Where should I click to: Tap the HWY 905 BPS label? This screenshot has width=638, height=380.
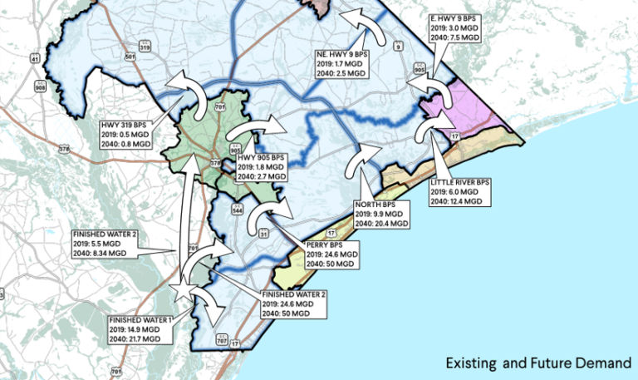point(261,157)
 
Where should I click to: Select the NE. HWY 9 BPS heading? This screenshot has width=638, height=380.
point(342,54)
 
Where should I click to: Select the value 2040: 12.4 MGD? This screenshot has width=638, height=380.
point(456,200)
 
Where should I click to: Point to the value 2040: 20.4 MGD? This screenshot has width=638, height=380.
point(382,224)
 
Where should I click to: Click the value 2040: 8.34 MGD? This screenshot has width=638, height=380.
point(100,253)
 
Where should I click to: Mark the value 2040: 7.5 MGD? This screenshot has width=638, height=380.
point(456,37)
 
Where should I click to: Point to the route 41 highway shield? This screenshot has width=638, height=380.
point(35,58)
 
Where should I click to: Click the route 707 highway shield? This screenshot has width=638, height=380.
point(220,340)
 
